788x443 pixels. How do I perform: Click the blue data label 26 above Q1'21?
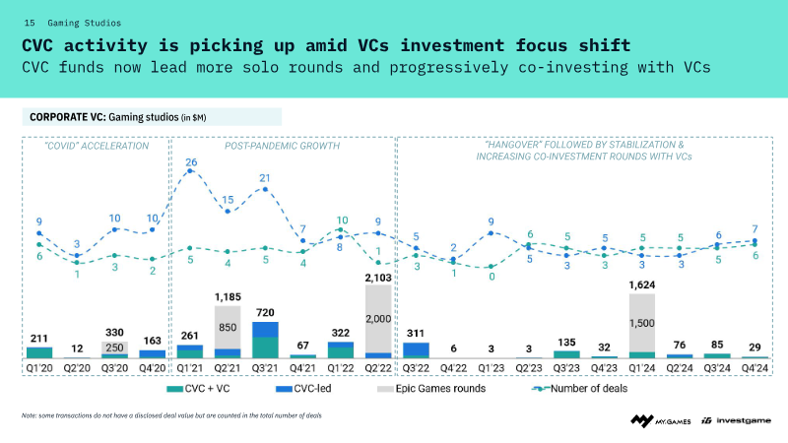click(190, 161)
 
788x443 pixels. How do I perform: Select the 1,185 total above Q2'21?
click(228, 296)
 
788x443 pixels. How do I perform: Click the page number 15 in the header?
click(29, 21)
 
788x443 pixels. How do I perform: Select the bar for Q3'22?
click(415, 349)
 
